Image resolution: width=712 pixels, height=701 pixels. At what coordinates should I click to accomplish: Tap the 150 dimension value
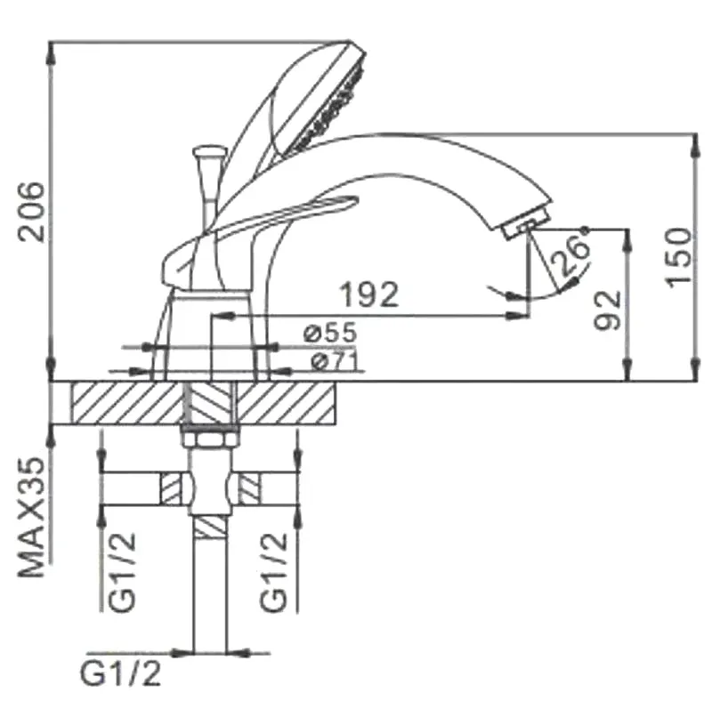(677, 256)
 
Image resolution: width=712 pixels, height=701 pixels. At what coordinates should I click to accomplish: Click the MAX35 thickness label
(33, 517)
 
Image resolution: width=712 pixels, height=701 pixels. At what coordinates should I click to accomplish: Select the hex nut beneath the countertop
(211, 438)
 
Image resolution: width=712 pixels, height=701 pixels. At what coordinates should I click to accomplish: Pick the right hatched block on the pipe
(250, 489)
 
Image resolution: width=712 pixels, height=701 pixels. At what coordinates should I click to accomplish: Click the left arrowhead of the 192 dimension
(219, 316)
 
